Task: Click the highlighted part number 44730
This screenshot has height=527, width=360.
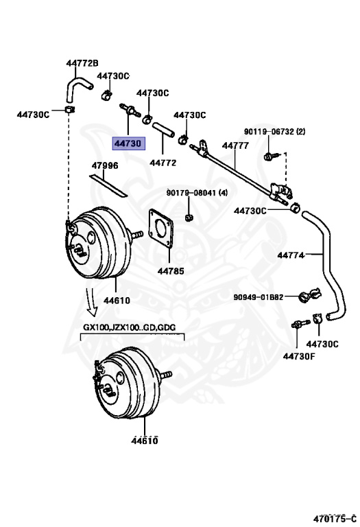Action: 128,143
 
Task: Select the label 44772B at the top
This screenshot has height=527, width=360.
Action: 82,64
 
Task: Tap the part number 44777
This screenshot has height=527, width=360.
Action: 235,145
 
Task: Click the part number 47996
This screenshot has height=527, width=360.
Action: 106,165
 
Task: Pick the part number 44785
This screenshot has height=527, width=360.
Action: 171,270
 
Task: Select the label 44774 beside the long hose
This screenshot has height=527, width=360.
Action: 291,255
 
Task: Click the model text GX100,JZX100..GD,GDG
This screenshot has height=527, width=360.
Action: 132,327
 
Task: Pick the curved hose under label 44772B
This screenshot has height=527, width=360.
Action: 76,87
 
